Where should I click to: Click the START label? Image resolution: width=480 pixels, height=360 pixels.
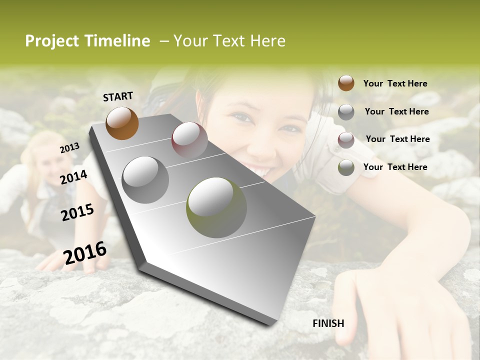pyautogui.click(x=118, y=96)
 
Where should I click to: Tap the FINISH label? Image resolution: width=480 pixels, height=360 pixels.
pyautogui.click(x=328, y=323)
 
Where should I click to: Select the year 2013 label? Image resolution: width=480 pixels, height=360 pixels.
pyautogui.click(x=69, y=148)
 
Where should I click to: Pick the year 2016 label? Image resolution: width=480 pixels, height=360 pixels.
pyautogui.click(x=85, y=253)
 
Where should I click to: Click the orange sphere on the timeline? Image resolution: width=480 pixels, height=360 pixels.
pyautogui.click(x=122, y=123)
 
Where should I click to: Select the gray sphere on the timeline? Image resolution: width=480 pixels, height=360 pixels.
pyautogui.click(x=145, y=179)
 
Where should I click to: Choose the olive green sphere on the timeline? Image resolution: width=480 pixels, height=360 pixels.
pyautogui.click(x=216, y=207)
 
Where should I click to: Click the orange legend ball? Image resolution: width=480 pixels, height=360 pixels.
pyautogui.click(x=346, y=83)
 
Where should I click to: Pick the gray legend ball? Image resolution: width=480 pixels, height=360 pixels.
pyautogui.click(x=346, y=112)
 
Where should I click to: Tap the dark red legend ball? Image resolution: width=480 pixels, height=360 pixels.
pyautogui.click(x=346, y=140)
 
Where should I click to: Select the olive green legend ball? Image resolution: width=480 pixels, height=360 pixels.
pyautogui.click(x=346, y=167)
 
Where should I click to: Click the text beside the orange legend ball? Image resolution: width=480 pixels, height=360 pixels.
pyautogui.click(x=395, y=84)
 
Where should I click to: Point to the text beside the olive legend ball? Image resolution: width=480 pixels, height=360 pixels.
pyautogui.click(x=395, y=167)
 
